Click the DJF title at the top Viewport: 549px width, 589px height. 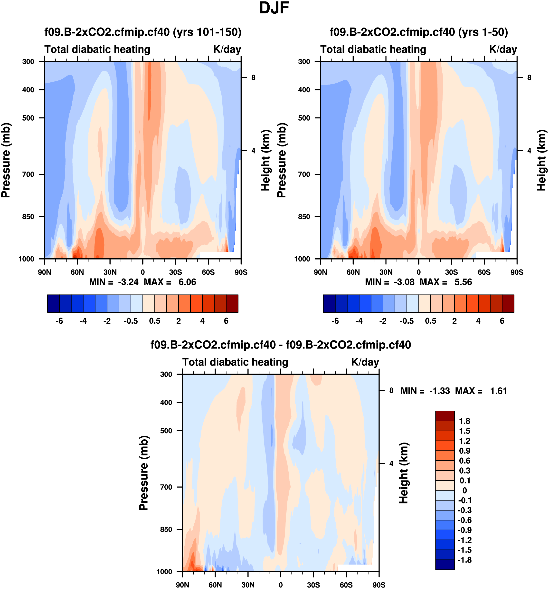274,8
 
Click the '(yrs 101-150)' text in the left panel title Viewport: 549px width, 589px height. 207,32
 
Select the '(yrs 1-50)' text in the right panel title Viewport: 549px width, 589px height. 483,32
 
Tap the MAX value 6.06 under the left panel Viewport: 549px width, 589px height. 187,282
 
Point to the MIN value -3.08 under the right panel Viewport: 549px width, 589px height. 404,282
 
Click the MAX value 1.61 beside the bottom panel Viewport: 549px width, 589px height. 498,391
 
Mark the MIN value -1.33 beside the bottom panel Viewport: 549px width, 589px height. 439,391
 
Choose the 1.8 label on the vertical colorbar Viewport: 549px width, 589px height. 464,421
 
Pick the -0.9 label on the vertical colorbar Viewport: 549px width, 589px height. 464,530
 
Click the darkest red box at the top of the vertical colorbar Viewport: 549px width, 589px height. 445,416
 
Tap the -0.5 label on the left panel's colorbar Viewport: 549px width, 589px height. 131,321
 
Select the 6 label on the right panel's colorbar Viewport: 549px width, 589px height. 502,321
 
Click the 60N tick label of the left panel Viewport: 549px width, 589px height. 77,272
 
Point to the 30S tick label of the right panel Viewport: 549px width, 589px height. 451,272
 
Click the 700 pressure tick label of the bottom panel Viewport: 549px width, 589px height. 166,487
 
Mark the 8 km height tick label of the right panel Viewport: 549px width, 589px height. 529,78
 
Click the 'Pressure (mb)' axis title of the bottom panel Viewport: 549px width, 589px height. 144,473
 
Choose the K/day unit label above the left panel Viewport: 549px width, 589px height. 227,49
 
